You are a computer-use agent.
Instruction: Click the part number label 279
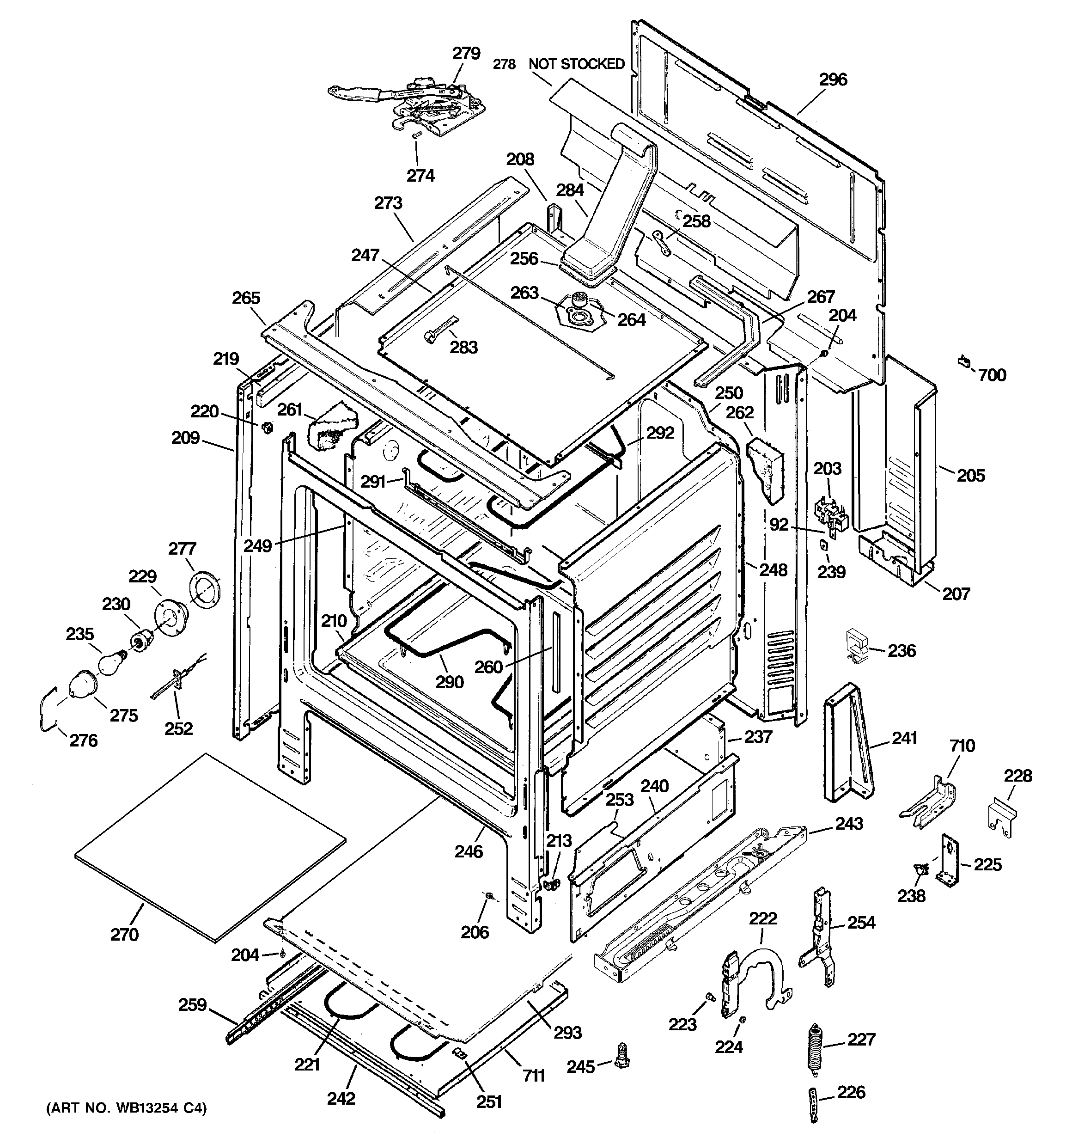[x=466, y=54]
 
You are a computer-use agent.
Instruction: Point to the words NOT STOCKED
[x=577, y=64]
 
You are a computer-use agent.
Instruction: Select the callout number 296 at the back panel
[x=833, y=80]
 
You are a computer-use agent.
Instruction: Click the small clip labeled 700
[x=964, y=362]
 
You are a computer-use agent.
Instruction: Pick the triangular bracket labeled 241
[x=848, y=745]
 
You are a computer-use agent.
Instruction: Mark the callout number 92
[x=779, y=525]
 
